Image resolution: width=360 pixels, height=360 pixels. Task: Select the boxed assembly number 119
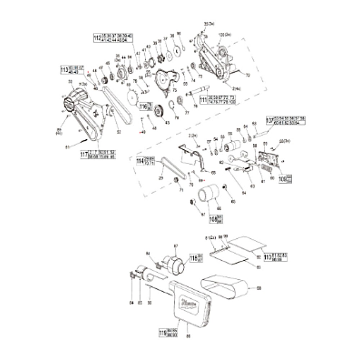(163, 332)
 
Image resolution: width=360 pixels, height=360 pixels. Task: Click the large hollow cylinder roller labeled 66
(209, 194)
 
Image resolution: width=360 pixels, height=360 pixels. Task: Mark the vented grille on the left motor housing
(68, 104)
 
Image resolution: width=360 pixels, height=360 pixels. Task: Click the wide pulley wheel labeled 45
(158, 111)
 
